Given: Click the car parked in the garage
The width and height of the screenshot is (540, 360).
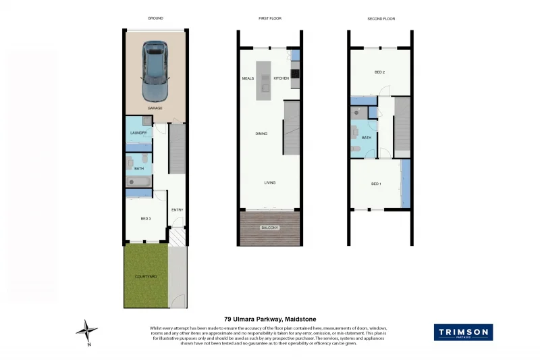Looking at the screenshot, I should coord(155,70).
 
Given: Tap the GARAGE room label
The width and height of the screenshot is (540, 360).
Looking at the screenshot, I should coord(155,108).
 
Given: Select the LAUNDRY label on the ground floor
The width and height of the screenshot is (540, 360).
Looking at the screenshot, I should coord(138,133).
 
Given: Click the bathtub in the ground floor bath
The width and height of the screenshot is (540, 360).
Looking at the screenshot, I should coord(138,182).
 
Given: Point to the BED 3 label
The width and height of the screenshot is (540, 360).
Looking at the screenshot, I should coord(145,219).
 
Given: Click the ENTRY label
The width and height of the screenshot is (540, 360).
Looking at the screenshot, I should coord(177,210).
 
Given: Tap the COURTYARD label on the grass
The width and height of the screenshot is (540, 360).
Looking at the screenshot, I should coord(145,276).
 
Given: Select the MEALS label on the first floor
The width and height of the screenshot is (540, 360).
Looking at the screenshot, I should coord(248,78).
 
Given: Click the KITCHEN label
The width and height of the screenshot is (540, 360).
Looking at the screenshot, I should coord(281,78).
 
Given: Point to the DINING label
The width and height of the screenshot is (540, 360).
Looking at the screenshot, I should coord(261,134).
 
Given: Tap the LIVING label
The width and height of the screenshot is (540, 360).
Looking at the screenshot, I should coord(269,182).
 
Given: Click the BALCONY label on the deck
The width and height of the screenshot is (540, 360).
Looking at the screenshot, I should coord(269,228).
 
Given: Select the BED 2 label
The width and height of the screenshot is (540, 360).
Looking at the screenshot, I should coord(379,72).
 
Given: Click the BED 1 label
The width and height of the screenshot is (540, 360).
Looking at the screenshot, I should coord(376,184).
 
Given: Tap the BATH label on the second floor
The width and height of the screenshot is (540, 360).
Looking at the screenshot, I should coord(367,138).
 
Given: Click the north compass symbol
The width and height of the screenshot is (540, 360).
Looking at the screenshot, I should coord(86,330).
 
